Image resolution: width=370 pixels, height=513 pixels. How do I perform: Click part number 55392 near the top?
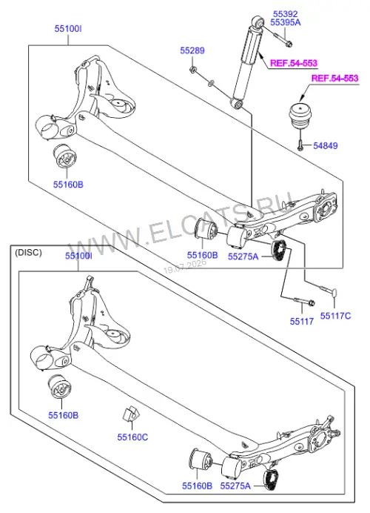click(285, 14)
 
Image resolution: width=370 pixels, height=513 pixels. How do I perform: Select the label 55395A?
click(286, 22)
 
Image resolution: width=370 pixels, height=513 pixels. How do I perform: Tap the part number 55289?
click(192, 50)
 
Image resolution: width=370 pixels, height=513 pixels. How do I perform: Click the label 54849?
click(326, 145)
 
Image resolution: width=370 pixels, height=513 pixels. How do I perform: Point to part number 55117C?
click(335, 316)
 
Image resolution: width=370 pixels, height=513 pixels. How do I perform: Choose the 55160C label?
click(132, 437)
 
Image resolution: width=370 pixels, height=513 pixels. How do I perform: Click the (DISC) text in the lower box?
click(28, 253)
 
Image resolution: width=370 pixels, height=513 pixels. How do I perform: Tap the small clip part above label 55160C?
click(131, 414)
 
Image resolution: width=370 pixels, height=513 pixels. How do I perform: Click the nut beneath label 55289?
click(193, 70)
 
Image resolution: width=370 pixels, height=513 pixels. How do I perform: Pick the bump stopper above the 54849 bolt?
click(300, 116)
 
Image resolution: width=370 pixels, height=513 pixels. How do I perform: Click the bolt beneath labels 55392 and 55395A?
click(283, 39)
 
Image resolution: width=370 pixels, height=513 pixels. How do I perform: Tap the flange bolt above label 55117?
click(304, 301)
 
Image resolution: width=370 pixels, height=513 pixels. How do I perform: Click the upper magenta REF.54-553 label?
click(294, 63)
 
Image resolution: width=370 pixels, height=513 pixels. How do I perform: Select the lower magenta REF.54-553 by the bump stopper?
click(334, 78)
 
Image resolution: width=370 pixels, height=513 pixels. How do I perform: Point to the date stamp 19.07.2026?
click(185, 267)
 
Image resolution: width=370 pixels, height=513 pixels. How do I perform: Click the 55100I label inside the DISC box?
click(78, 256)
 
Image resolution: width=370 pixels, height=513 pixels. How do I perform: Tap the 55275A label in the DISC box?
click(235, 486)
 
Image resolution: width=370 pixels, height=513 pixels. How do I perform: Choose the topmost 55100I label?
click(68, 29)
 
